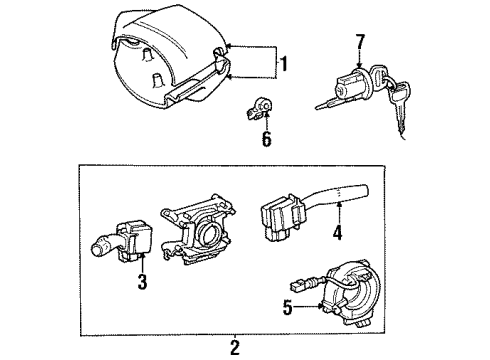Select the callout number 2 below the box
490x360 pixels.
[x=234, y=348]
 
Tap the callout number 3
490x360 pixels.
[x=142, y=282]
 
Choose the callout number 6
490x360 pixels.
[x=266, y=139]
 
